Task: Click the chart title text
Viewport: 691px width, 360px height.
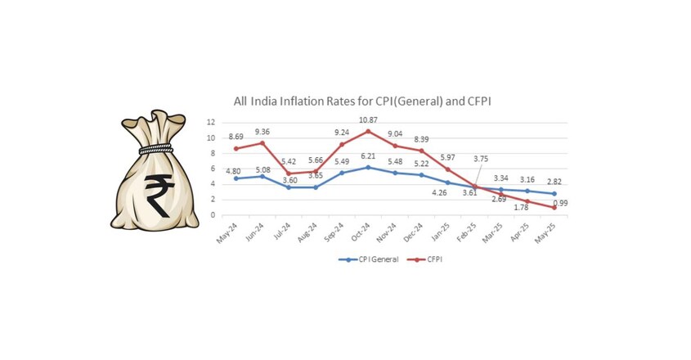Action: pyautogui.click(x=362, y=101)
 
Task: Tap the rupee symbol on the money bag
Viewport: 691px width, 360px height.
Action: pyautogui.click(x=157, y=195)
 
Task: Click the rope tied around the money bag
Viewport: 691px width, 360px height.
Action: pyautogui.click(x=155, y=149)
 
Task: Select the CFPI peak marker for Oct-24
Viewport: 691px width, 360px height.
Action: pyautogui.click(x=369, y=131)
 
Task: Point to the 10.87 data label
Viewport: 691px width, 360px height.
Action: pyautogui.click(x=369, y=120)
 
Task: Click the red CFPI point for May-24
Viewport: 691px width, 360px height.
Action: pyautogui.click(x=236, y=149)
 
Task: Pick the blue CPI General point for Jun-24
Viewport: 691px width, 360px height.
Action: pyautogui.click(x=262, y=176)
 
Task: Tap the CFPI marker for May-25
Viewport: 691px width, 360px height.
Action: pyautogui.click(x=554, y=207)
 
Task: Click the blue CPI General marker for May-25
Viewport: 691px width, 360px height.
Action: pyautogui.click(x=554, y=194)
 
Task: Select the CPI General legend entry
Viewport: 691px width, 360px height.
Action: pyautogui.click(x=369, y=259)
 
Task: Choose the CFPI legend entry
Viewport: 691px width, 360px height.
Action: pyautogui.click(x=425, y=259)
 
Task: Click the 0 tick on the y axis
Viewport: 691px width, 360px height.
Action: pyautogui.click(x=213, y=215)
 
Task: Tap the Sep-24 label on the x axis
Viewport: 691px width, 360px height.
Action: pyautogui.click(x=334, y=232)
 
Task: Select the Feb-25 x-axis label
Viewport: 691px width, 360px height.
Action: pyautogui.click(x=466, y=232)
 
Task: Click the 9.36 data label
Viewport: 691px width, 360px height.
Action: pyautogui.click(x=262, y=132)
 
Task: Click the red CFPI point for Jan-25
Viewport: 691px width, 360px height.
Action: pyautogui.click(x=448, y=169)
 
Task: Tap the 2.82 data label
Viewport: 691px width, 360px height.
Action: pyautogui.click(x=554, y=182)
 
